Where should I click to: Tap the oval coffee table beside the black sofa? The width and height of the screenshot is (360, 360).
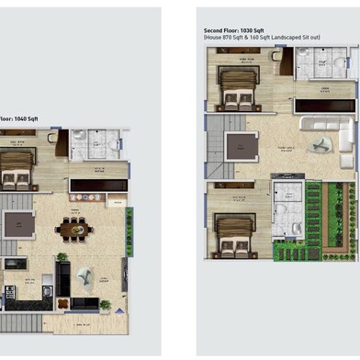coord(85,276)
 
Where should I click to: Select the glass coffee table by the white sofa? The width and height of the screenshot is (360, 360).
coord(321,144)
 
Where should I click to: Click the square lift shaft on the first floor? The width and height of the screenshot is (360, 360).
coord(17,224)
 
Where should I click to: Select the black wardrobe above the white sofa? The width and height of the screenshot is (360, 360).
coord(323,106)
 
